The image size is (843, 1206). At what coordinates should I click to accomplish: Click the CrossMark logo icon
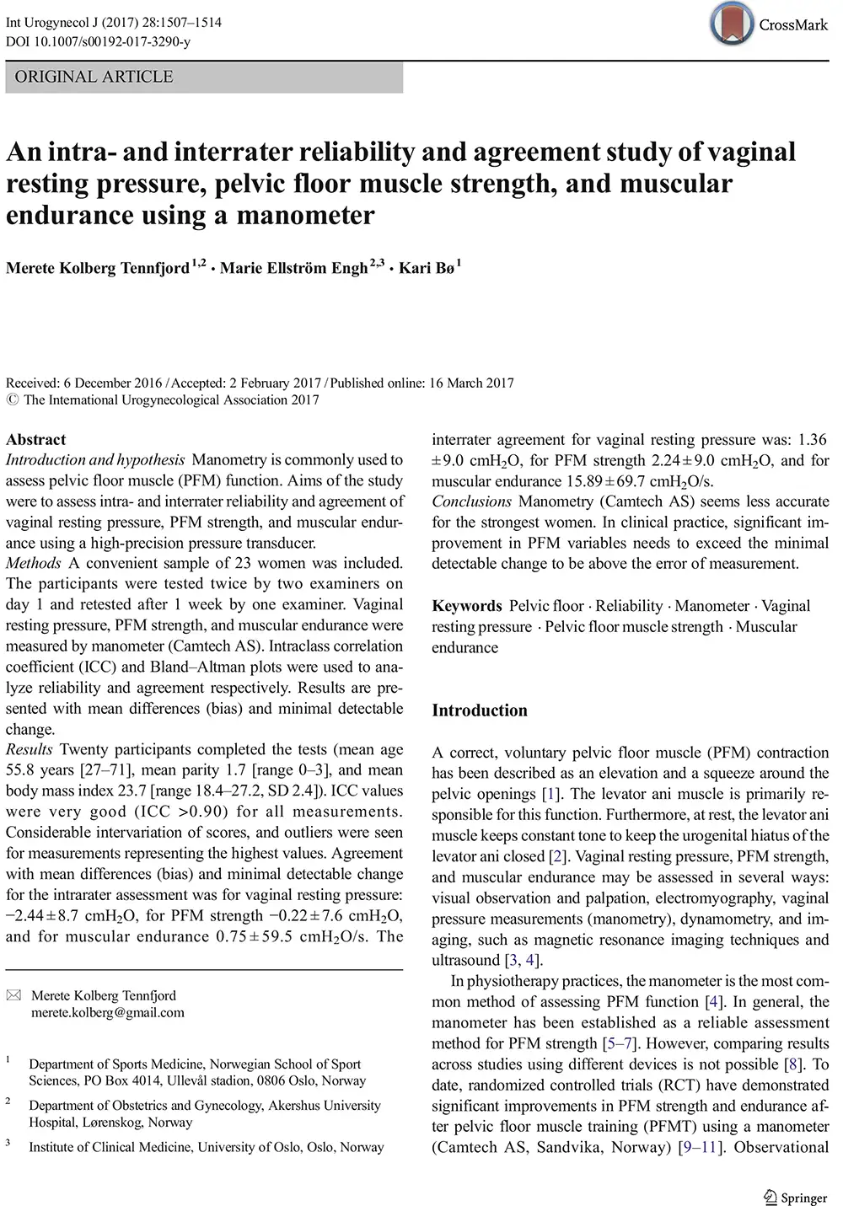click(x=731, y=24)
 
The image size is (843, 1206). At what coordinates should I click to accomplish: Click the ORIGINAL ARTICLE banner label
click(x=94, y=77)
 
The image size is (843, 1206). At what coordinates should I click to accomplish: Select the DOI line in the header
click(x=98, y=41)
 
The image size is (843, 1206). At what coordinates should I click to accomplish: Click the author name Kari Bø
click(x=426, y=268)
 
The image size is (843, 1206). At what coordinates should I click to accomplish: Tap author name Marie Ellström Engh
click(x=293, y=268)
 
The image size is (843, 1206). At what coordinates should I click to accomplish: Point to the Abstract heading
click(x=35, y=439)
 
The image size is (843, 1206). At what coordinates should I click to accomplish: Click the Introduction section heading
click(x=479, y=710)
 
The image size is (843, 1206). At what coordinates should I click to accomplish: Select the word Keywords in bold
click(x=466, y=606)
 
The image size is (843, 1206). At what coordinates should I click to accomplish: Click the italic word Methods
click(x=34, y=563)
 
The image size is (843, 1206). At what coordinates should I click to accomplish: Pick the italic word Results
click(x=30, y=749)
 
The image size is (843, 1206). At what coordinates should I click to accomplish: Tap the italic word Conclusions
click(x=471, y=501)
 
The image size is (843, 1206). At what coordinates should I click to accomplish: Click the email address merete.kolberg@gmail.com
click(x=108, y=1012)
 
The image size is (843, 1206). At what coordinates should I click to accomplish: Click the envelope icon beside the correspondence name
click(x=13, y=995)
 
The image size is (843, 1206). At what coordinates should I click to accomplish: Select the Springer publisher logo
click(x=795, y=1198)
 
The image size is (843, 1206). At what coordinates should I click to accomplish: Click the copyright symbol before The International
click(x=12, y=400)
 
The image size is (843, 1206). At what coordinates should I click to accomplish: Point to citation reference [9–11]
click(x=701, y=1147)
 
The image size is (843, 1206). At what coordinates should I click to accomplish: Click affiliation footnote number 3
click(x=8, y=1143)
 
